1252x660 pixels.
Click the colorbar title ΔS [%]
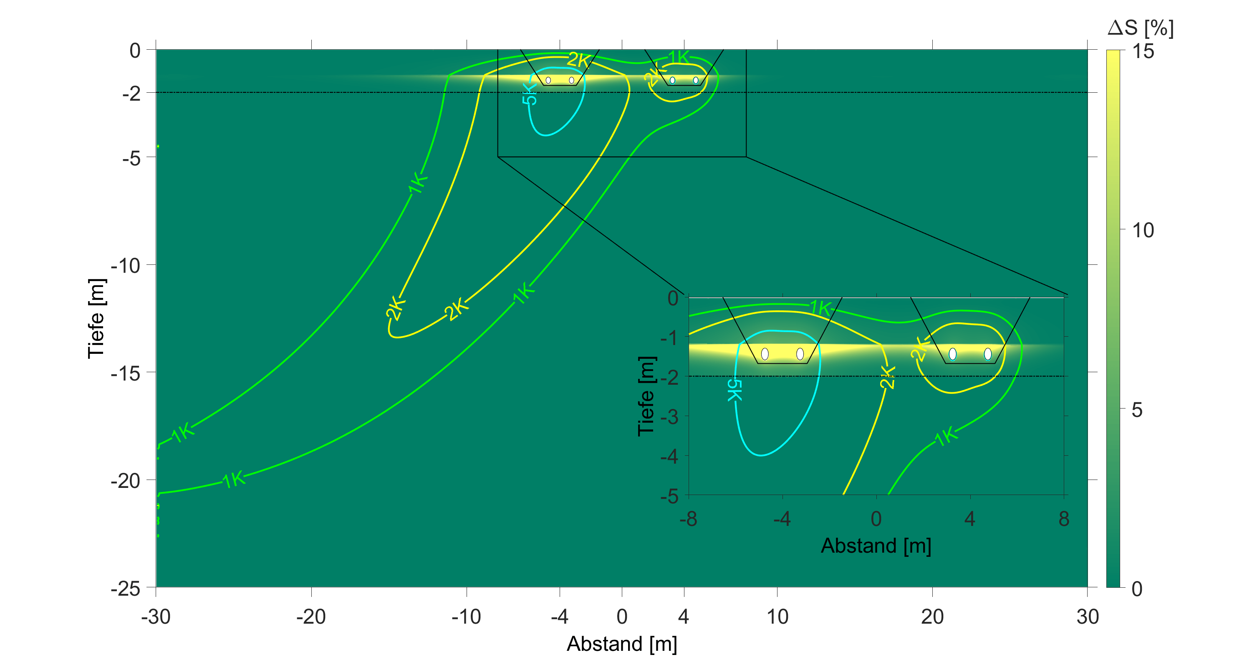click(1140, 28)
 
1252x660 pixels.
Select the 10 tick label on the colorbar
click(1143, 231)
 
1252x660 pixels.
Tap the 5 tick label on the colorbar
click(1137, 410)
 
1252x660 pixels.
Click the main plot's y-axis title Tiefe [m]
click(96, 319)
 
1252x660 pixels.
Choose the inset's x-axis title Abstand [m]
click(876, 546)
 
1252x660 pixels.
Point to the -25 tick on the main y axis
click(125, 589)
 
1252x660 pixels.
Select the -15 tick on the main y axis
click(125, 373)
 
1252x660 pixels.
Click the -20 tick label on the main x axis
click(311, 617)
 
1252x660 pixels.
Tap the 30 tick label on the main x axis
click(1087, 617)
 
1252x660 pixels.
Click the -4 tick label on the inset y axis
click(669, 457)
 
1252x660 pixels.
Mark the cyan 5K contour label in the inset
click(735, 390)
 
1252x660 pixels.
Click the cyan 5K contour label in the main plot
click(529, 94)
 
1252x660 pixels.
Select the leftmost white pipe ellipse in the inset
click(765, 353)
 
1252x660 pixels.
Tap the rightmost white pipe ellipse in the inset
click(987, 353)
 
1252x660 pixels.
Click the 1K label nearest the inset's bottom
click(946, 436)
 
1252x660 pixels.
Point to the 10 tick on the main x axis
click(777, 617)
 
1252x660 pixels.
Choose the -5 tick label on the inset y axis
click(669, 497)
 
